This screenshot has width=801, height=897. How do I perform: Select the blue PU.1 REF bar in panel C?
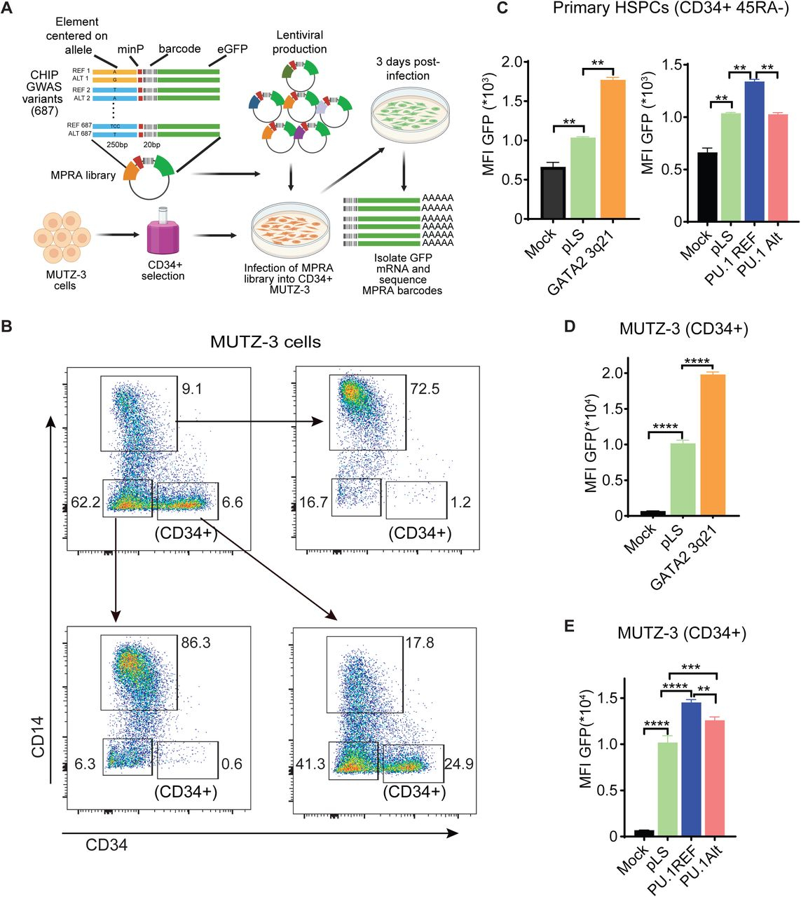pos(754,151)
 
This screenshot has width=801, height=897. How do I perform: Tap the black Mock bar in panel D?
pos(652,513)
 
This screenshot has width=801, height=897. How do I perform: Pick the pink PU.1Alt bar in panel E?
pos(715,778)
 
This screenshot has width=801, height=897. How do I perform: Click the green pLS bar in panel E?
pos(668,789)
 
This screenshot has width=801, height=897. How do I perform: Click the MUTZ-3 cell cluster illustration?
pos(61,237)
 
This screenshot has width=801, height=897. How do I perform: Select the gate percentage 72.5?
pos(425,389)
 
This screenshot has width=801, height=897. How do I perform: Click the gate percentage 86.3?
pos(196,643)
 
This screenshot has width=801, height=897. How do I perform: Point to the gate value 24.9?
pos(459,763)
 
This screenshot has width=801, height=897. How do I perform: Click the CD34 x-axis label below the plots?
pos(107,844)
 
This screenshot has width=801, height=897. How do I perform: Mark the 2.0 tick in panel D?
pos(610,373)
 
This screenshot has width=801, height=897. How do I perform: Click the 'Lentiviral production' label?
pos(300,42)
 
